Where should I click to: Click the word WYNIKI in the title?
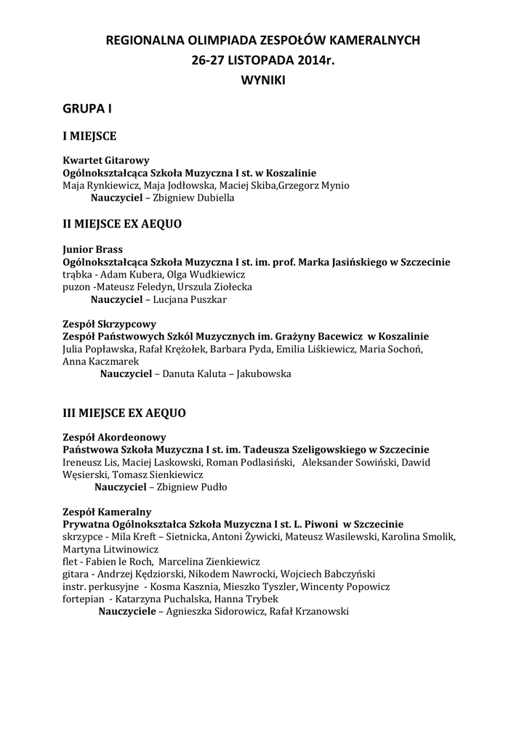click(x=263, y=81)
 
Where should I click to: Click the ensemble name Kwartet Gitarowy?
click(x=106, y=160)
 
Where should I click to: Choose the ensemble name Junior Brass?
click(x=92, y=248)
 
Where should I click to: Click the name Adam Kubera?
click(x=127, y=275)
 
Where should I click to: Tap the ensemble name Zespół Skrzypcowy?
click(x=110, y=324)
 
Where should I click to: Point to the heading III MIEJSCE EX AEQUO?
click(x=124, y=413)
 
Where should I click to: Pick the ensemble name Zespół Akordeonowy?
click(x=115, y=437)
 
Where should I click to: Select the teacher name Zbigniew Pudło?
click(x=193, y=487)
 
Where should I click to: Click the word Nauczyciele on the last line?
click(x=129, y=612)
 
